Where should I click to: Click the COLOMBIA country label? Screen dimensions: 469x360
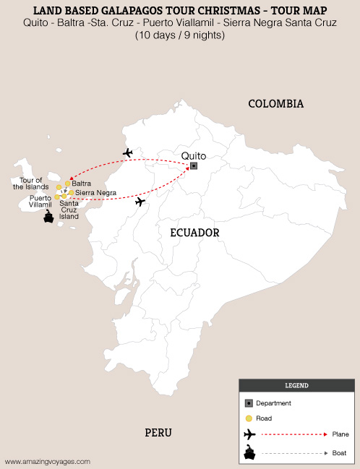[x=275, y=104]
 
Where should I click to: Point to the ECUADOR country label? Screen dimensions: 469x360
[x=194, y=233]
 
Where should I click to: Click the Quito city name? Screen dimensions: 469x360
[x=193, y=155]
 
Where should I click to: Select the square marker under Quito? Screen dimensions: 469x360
[x=194, y=166]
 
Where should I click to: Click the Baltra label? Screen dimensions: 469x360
[x=82, y=184]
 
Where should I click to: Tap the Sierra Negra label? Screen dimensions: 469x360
[x=95, y=193]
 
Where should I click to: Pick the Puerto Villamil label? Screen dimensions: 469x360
[x=40, y=201]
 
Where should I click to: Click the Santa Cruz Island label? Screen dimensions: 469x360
[x=69, y=210]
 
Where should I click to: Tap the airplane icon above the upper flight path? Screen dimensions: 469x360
[x=128, y=152]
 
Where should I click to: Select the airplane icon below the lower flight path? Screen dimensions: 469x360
[x=140, y=202]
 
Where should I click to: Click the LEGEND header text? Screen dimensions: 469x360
[x=296, y=386]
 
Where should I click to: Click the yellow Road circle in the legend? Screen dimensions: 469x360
[x=249, y=418]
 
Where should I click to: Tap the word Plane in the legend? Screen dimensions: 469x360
[x=340, y=434]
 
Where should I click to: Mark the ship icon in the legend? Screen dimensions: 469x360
[x=249, y=454]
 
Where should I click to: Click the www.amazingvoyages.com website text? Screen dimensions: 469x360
[x=48, y=460]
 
